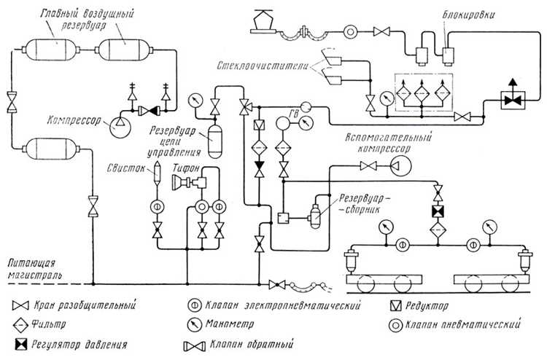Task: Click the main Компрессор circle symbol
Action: coord(120,128)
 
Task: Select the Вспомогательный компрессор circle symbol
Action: coord(401,165)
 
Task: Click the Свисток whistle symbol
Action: coord(157,172)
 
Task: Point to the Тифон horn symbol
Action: coord(189,182)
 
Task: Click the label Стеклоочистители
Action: coord(263,66)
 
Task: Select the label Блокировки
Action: coord(468,15)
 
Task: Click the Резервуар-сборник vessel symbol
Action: coord(314,216)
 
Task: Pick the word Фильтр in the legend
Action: coord(48,325)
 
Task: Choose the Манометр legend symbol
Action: coord(195,325)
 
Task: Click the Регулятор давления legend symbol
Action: coord(21,345)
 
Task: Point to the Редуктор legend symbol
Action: coord(395,306)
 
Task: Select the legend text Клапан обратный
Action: coord(251,345)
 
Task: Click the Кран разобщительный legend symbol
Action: coord(20,305)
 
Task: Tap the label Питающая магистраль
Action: coord(34,269)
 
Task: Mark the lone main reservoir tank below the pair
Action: coord(51,149)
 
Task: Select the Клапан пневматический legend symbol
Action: coord(395,325)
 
